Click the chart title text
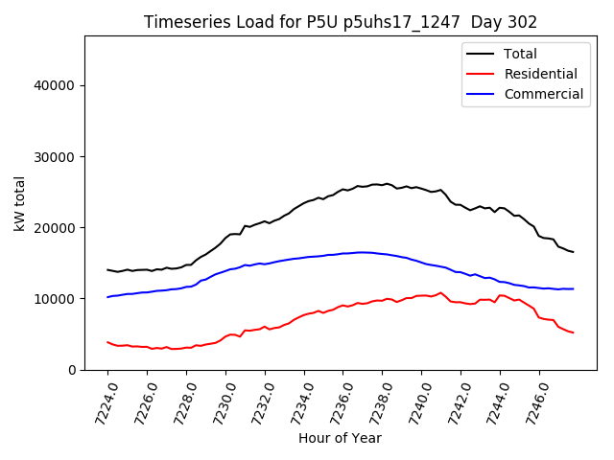pos(340,22)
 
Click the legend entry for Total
pos(520,54)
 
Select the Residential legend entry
pos(540,74)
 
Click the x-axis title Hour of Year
pos(340,438)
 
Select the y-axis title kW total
pos(19,203)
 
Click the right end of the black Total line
pos(573,252)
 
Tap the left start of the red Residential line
pos(107,341)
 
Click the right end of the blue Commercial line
pos(573,288)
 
